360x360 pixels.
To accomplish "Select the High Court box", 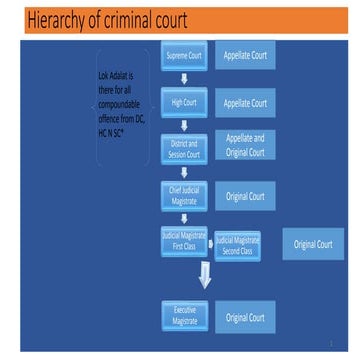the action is tap(183, 102).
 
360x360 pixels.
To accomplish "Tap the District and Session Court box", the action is tap(183, 148).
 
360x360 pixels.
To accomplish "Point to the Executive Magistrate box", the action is tap(183, 317).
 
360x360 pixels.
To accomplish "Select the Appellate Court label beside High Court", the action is tap(245, 102).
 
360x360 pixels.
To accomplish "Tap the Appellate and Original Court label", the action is tap(245, 147).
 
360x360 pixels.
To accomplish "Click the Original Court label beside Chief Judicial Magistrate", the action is tap(245, 197).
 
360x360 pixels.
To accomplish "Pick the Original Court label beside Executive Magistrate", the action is tap(245, 318).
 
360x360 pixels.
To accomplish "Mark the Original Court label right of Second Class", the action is tap(313, 244).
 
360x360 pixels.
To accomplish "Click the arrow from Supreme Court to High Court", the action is tap(183, 81).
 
